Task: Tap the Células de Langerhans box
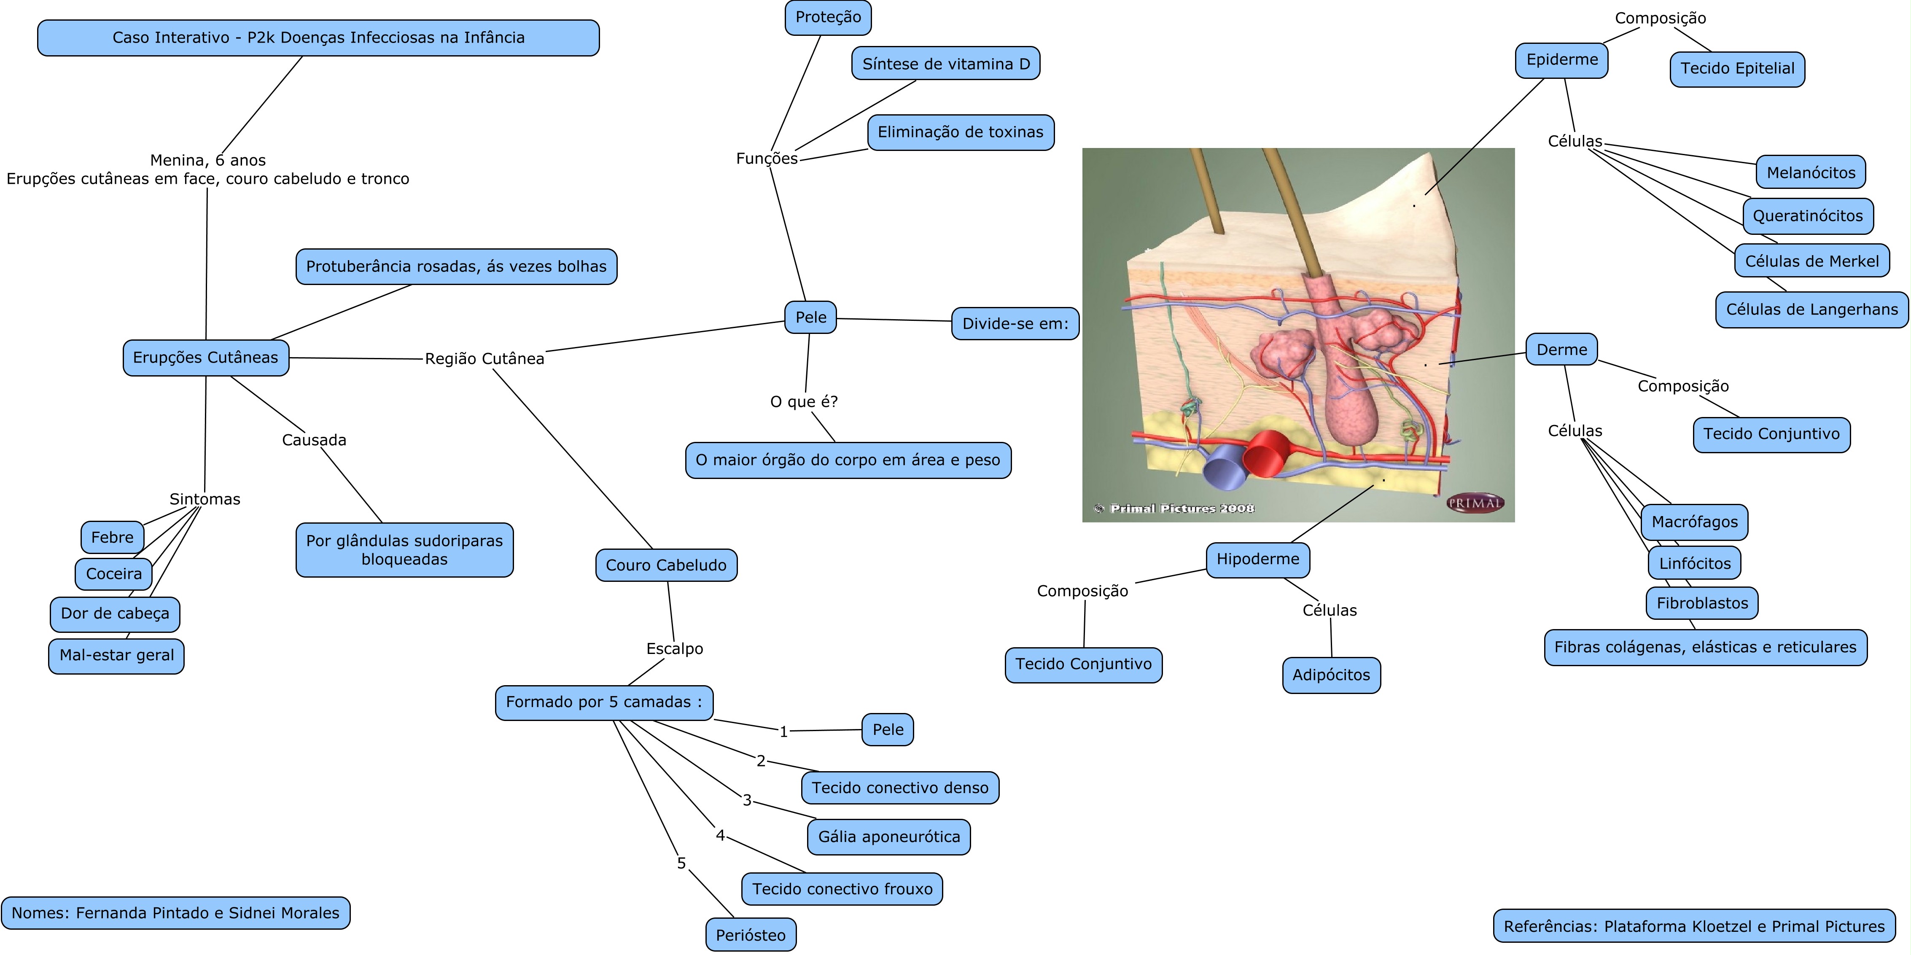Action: pos(1811,309)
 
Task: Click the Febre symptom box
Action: pos(112,537)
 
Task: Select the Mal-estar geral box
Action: pos(116,655)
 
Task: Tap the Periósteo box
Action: pos(751,935)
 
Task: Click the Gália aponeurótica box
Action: pos(889,837)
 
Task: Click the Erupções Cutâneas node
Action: pos(205,358)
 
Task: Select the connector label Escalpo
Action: pos(674,648)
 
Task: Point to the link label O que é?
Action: pos(803,401)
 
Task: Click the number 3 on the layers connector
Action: pos(747,800)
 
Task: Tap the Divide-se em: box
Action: pos(1015,323)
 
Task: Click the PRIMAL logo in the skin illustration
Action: pos(1475,503)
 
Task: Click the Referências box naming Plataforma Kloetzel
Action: pos(1694,926)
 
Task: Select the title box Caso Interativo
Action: pos(318,38)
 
